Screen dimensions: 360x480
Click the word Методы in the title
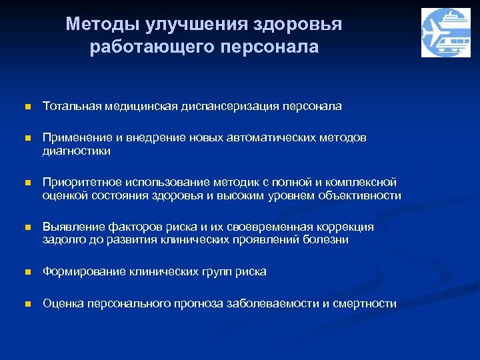pos(97,25)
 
